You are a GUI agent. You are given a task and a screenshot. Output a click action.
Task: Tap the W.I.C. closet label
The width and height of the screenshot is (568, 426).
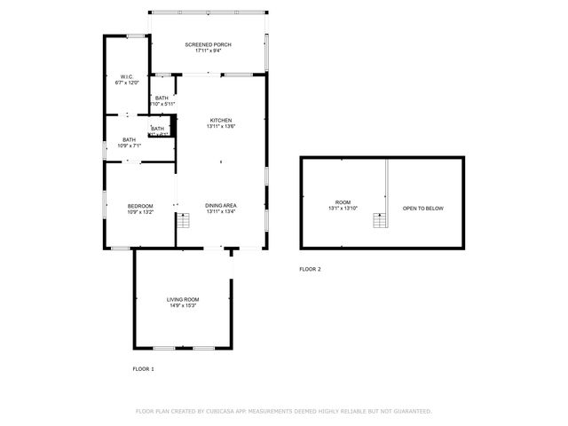(x=127, y=77)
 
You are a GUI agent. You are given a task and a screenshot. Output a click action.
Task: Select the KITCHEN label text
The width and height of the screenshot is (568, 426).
(x=220, y=120)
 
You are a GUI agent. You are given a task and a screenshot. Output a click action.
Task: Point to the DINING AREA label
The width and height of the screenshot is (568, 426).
(x=220, y=205)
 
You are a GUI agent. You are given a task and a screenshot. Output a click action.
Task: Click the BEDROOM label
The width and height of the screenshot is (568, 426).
(x=140, y=206)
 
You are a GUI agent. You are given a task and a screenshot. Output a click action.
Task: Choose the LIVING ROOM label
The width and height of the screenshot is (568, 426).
(x=182, y=299)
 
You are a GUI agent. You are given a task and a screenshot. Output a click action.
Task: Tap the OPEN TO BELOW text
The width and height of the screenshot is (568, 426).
(x=422, y=209)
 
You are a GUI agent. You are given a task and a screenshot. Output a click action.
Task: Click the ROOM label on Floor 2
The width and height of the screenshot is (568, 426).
(x=343, y=202)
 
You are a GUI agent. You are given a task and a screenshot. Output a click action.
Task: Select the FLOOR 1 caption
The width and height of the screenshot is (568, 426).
(x=143, y=368)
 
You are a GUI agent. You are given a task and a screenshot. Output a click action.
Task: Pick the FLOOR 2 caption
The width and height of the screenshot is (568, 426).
(x=310, y=269)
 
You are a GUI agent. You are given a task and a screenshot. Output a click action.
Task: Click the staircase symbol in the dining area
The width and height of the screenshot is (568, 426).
(x=184, y=220)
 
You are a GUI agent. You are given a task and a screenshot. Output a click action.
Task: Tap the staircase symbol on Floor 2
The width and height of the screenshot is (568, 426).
(x=380, y=220)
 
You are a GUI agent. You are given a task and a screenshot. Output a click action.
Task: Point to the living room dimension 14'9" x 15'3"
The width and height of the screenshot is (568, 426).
(x=182, y=306)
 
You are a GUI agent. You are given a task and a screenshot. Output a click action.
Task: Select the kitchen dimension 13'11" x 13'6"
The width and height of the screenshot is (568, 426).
(x=220, y=126)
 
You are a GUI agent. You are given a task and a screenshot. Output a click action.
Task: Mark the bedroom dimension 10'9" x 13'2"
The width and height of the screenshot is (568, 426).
(x=140, y=212)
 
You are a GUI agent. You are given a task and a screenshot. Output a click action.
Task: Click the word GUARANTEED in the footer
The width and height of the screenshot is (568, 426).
(x=412, y=411)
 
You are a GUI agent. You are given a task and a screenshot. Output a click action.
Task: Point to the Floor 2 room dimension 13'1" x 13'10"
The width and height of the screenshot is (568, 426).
(x=343, y=209)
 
